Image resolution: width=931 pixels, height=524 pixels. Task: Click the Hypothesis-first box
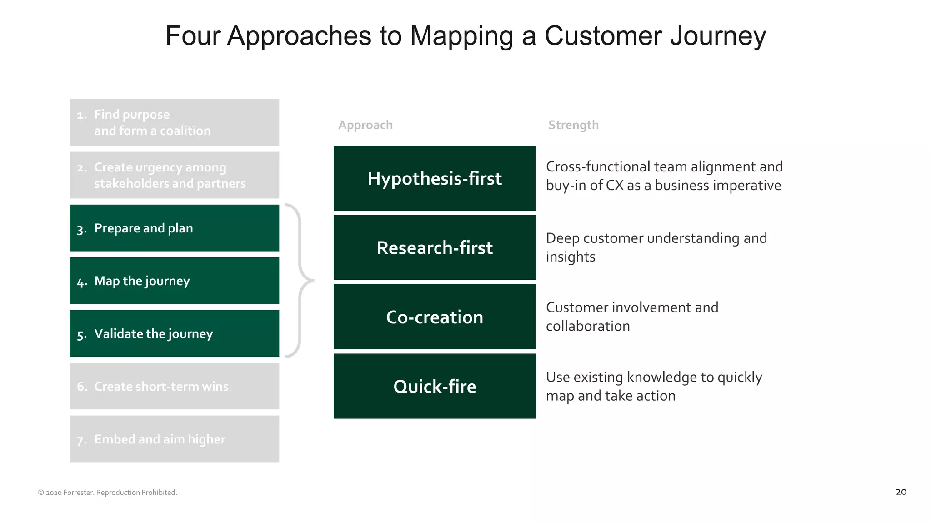click(x=435, y=178)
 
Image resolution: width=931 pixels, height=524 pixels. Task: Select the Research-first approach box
click(x=435, y=247)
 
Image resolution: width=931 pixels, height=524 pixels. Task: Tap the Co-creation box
click(x=435, y=317)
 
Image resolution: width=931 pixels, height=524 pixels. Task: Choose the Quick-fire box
click(x=435, y=386)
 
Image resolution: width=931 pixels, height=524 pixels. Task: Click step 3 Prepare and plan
click(x=174, y=228)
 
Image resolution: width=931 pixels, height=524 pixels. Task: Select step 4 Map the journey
click(x=174, y=281)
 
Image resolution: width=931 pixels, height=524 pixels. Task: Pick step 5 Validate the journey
click(x=174, y=333)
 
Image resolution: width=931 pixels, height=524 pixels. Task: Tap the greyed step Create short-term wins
click(x=174, y=386)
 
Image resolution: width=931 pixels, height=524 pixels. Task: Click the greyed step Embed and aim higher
click(x=174, y=439)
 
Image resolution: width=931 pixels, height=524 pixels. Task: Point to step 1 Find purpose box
click(x=174, y=122)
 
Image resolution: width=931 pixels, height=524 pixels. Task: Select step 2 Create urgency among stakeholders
click(x=174, y=175)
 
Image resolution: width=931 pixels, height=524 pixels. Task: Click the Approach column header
click(x=365, y=125)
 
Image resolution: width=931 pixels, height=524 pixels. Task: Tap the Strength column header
click(x=573, y=125)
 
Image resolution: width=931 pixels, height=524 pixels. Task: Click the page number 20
click(x=901, y=492)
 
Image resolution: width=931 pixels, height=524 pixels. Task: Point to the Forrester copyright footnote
click(x=108, y=493)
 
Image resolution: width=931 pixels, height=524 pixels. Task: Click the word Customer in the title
click(x=603, y=35)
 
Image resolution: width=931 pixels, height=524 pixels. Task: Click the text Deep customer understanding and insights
click(x=656, y=247)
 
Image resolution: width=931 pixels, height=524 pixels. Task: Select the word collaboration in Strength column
click(x=588, y=326)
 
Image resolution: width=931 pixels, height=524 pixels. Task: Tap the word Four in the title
click(x=193, y=35)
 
